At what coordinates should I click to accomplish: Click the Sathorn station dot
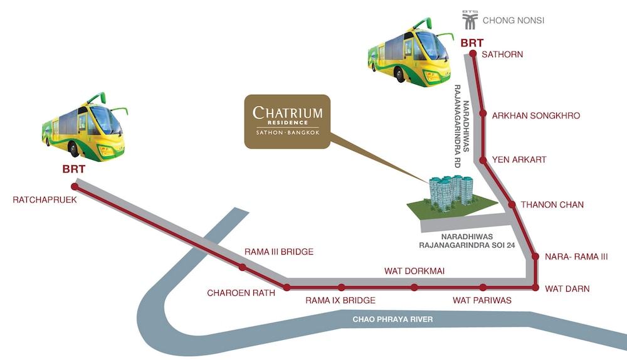point(473,55)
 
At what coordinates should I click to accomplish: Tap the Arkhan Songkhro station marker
point(483,114)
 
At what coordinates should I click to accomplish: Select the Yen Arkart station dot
point(483,160)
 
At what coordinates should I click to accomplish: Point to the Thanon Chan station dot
point(512,205)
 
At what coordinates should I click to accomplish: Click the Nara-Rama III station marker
point(535,256)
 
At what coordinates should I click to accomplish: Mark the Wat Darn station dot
point(535,288)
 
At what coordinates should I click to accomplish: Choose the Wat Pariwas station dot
point(483,288)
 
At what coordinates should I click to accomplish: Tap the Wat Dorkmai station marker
point(414,288)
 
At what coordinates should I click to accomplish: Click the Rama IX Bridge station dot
point(341,288)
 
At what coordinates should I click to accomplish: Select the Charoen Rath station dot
point(287,288)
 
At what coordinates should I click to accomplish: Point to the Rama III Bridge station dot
point(242,268)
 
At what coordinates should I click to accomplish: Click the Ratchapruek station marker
point(75,187)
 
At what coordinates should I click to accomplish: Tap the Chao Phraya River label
point(393,320)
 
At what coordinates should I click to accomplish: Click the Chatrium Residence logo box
point(287,122)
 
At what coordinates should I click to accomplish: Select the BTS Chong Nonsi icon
point(470,19)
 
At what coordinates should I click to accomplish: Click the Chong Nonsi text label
point(513,21)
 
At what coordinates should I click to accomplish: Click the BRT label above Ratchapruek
point(73,169)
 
